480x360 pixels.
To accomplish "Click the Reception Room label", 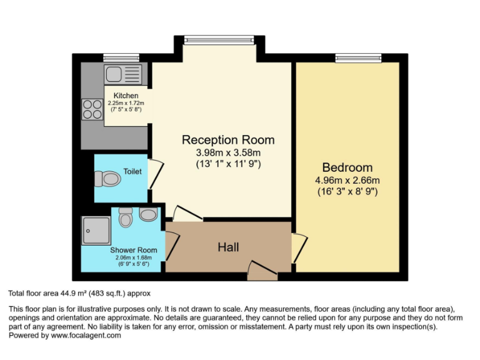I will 227,139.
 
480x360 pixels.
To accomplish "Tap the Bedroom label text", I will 347,167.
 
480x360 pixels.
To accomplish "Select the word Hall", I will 228,247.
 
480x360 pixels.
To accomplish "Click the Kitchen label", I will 126,96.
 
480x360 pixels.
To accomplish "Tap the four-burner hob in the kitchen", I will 92,109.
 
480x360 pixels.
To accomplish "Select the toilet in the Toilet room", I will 107,180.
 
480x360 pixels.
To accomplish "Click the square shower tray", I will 96,231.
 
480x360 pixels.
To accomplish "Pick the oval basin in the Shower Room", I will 148,215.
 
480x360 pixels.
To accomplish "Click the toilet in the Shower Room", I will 126,218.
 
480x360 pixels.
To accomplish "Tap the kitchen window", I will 112,58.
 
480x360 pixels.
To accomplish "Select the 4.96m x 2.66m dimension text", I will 347,181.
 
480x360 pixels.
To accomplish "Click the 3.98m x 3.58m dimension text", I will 227,153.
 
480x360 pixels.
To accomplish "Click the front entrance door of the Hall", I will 257,270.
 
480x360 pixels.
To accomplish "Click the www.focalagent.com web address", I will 86,335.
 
